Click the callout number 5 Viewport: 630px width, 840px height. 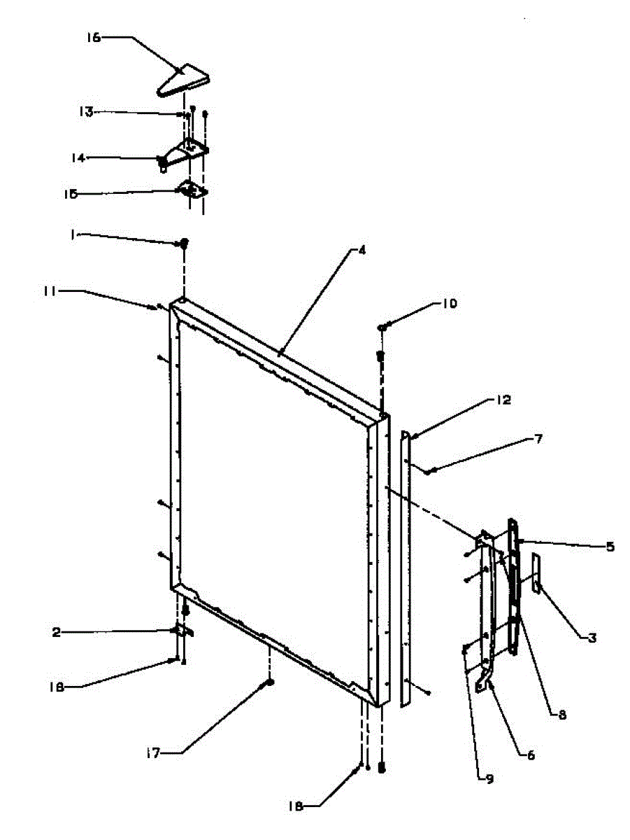click(610, 547)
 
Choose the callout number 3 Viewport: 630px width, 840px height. click(592, 637)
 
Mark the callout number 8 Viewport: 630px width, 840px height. click(561, 715)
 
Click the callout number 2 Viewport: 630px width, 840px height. click(56, 632)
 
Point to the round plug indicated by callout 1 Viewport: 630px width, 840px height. click(185, 244)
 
